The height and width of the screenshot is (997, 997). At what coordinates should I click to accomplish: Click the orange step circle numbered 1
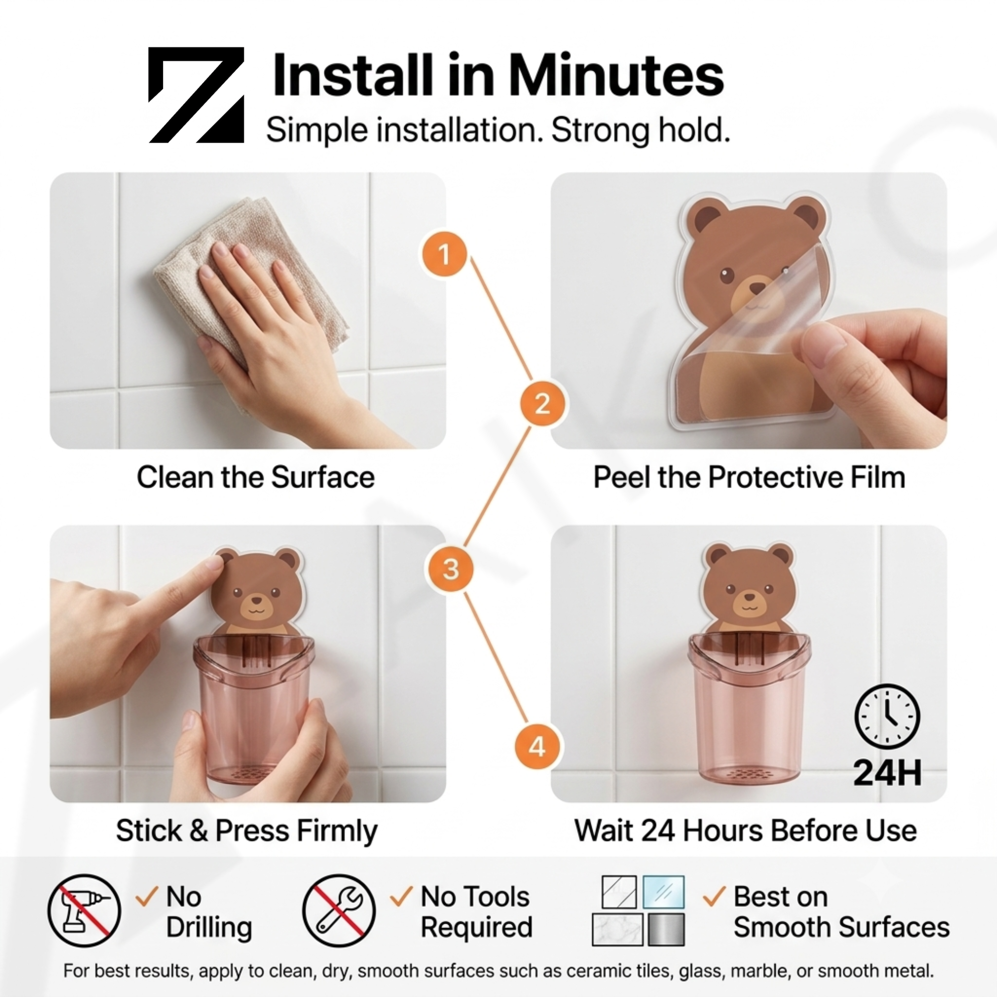444,253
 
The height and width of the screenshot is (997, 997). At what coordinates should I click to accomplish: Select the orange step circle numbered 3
451,569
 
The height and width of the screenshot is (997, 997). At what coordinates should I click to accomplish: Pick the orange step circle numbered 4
537,747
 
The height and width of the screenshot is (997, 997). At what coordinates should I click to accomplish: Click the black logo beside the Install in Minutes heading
196,95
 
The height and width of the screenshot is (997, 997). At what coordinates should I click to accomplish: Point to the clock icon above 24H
887,717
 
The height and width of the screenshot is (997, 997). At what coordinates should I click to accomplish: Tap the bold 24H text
887,773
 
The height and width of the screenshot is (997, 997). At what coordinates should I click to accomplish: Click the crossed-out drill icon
84,910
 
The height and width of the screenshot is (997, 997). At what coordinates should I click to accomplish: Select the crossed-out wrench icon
339,910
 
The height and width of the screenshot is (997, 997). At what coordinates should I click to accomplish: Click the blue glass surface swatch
663,892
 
